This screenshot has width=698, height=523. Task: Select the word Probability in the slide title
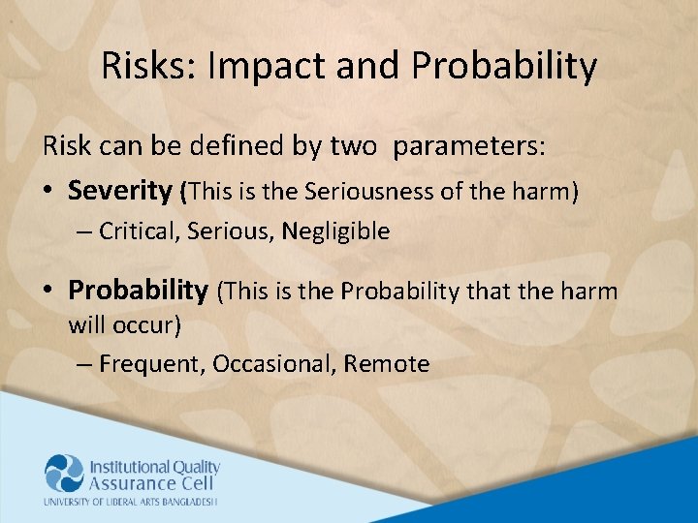click(504, 67)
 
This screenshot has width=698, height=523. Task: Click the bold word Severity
click(119, 191)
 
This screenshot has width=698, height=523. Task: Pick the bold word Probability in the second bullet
click(138, 290)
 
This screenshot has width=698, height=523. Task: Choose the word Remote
click(387, 364)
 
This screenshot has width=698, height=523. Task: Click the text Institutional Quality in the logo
click(154, 467)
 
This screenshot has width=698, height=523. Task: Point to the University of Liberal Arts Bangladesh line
click(130, 502)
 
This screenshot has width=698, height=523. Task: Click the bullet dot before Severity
click(49, 192)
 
